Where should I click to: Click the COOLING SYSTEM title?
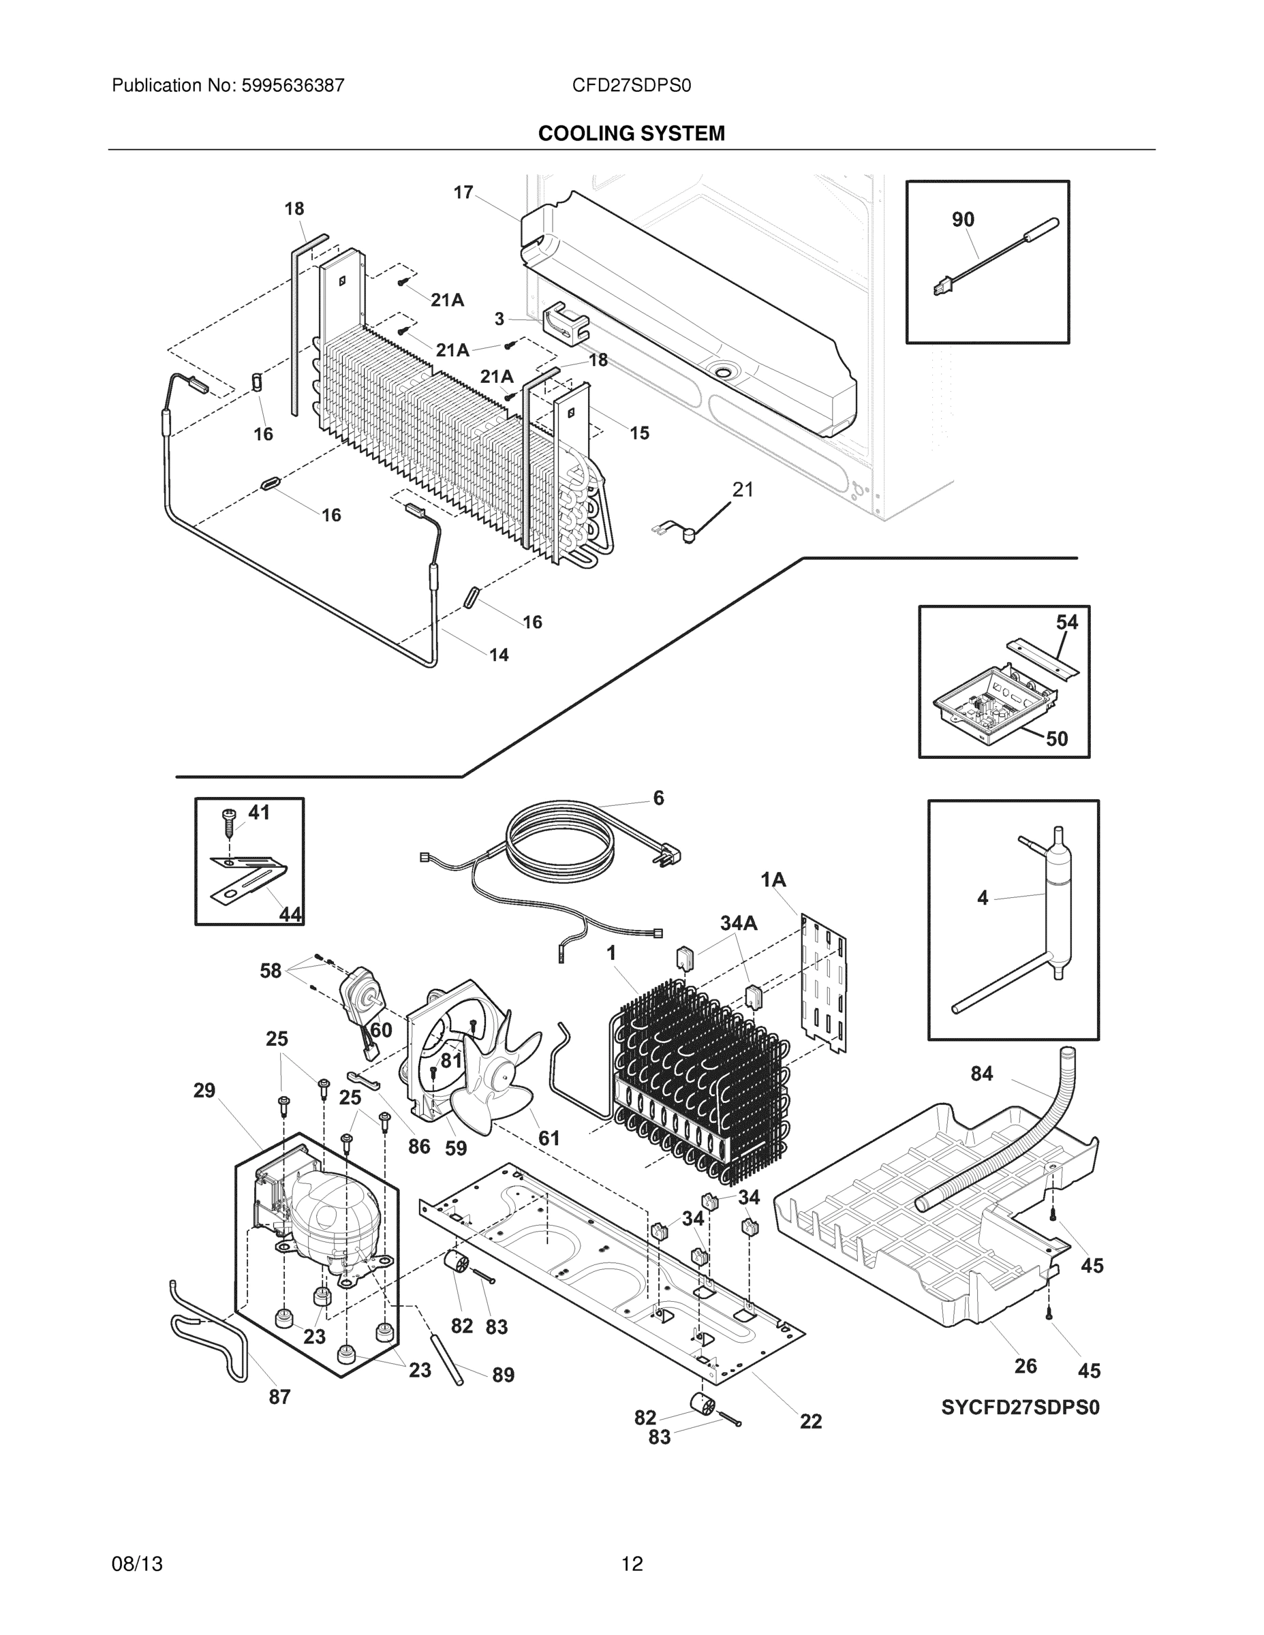(631, 134)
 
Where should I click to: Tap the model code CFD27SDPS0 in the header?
(631, 85)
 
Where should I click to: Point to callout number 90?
(963, 219)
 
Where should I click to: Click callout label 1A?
(773, 879)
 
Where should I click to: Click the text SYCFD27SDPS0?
(1020, 1407)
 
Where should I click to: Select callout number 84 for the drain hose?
(981, 1074)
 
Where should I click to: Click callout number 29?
(204, 1091)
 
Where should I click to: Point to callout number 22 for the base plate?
(811, 1421)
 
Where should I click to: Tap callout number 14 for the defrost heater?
(499, 655)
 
